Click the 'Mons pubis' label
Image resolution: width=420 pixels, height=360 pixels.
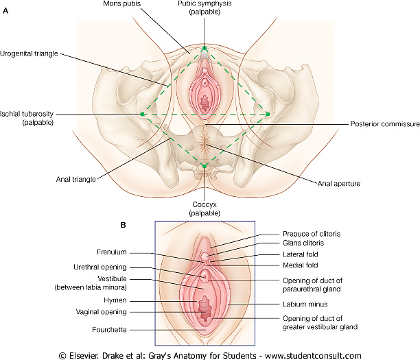tap(122, 3)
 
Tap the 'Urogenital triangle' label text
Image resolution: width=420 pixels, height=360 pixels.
tap(29, 53)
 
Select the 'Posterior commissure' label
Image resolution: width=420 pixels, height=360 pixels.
tap(385, 124)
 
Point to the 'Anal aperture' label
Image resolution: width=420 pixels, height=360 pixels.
tap(339, 184)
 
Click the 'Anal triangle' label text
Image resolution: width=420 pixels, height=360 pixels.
tap(75, 179)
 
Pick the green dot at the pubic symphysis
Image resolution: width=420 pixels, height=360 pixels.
tap(205, 48)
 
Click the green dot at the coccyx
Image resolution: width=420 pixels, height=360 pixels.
tap(205, 166)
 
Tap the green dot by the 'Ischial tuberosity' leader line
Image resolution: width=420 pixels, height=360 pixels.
tap(142, 115)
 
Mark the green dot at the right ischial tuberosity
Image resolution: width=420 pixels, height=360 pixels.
tap(268, 115)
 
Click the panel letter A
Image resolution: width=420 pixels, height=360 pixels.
tap(5, 11)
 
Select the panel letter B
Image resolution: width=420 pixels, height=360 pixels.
tap(124, 225)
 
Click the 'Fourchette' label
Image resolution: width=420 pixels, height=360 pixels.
tap(109, 330)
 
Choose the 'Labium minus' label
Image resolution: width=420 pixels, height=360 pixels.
tap(305, 304)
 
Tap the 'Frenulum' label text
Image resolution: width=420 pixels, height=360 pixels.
tap(112, 252)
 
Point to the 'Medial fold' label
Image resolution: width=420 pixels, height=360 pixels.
tap(301, 265)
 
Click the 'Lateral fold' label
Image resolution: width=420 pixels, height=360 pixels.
tap(301, 254)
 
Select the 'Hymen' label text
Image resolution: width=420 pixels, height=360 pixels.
tap(115, 300)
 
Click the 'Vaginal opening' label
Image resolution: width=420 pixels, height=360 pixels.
tap(102, 312)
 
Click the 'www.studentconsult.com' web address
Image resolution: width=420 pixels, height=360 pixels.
tap(313, 356)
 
